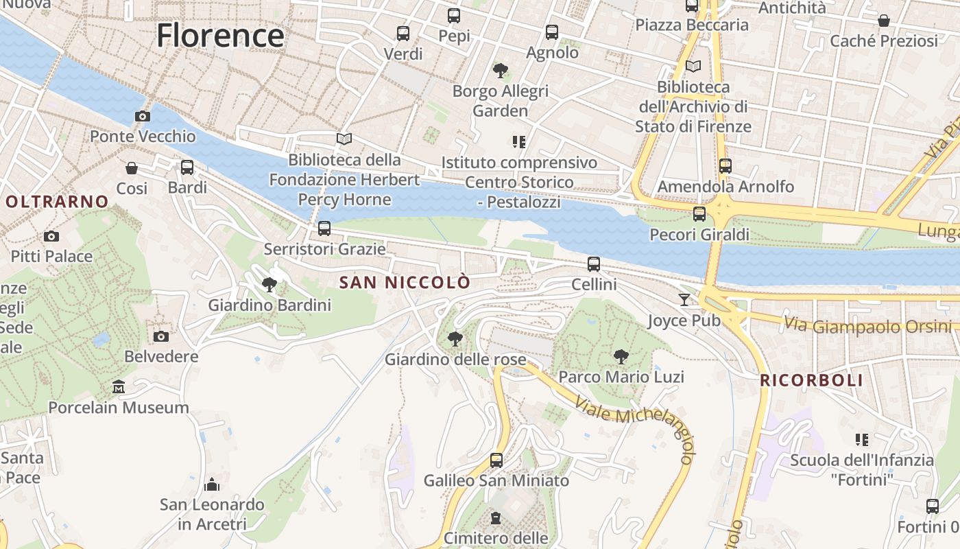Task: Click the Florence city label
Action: (220, 36)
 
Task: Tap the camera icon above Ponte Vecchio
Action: (143, 116)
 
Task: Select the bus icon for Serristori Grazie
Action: (324, 229)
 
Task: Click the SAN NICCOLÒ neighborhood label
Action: (405, 283)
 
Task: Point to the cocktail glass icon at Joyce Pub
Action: (684, 299)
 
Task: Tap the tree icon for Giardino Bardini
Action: (269, 285)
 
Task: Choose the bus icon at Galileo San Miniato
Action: (496, 460)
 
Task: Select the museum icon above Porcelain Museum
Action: (119, 387)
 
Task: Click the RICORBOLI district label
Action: (811, 380)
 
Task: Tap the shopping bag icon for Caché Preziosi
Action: (884, 21)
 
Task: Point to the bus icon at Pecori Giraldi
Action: (699, 214)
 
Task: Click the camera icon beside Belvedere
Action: (161, 336)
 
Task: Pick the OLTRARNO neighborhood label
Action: (57, 202)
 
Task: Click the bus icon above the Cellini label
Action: (594, 264)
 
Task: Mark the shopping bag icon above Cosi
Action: (132, 168)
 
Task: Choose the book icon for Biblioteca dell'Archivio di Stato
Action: (693, 67)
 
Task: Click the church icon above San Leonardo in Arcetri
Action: (212, 485)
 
